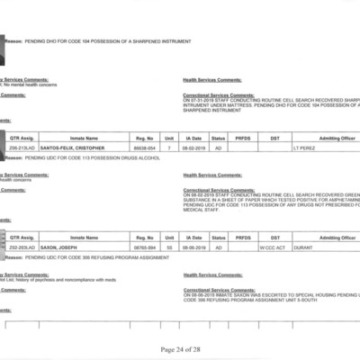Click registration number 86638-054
tap(145, 147)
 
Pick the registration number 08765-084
tap(145, 246)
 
